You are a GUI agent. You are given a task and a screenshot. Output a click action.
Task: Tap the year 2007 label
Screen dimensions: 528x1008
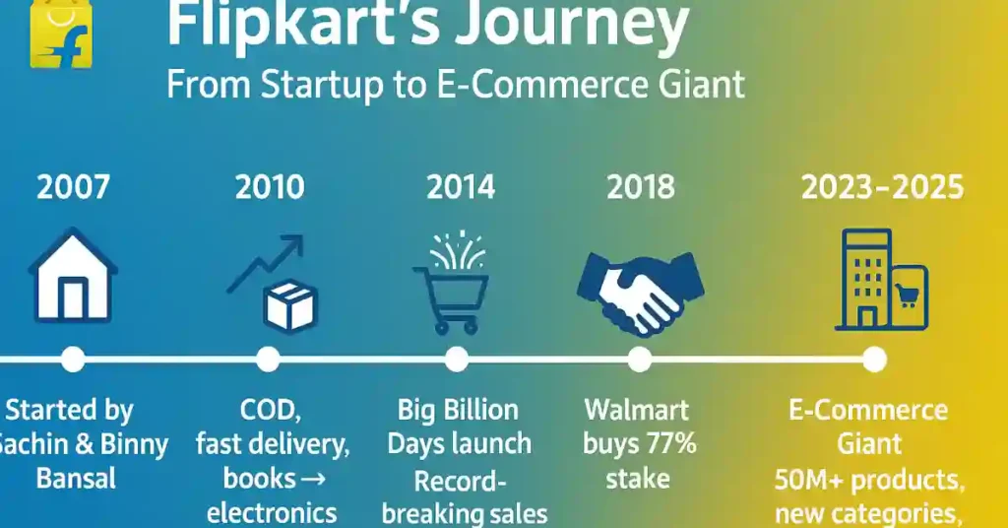coord(72,187)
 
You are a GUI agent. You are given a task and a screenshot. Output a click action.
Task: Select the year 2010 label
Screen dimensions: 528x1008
coord(270,187)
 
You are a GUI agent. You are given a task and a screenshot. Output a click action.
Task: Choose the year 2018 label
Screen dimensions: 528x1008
coord(641,187)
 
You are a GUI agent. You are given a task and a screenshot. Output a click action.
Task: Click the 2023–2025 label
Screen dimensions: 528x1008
coord(882,187)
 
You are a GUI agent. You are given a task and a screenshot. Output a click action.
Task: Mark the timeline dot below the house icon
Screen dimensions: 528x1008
coord(73,360)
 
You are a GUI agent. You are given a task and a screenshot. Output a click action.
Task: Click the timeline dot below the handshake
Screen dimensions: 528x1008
coord(640,360)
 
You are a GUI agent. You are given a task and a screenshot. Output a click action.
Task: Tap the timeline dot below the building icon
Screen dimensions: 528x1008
coord(874,360)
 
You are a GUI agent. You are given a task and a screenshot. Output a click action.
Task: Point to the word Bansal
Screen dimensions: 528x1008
coord(76,479)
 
